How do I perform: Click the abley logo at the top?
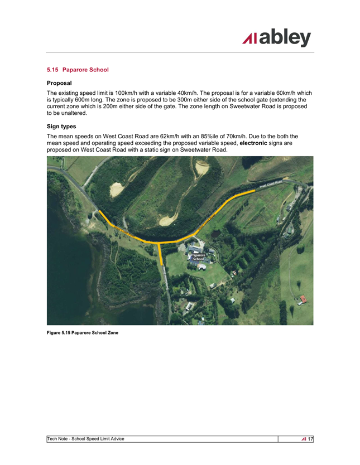276,38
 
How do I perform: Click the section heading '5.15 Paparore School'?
78,70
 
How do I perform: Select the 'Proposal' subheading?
59,83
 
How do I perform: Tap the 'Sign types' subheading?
61,127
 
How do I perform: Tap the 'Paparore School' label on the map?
199,257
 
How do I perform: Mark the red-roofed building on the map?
303,299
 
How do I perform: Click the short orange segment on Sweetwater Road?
161,254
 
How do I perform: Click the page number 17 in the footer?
310,439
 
